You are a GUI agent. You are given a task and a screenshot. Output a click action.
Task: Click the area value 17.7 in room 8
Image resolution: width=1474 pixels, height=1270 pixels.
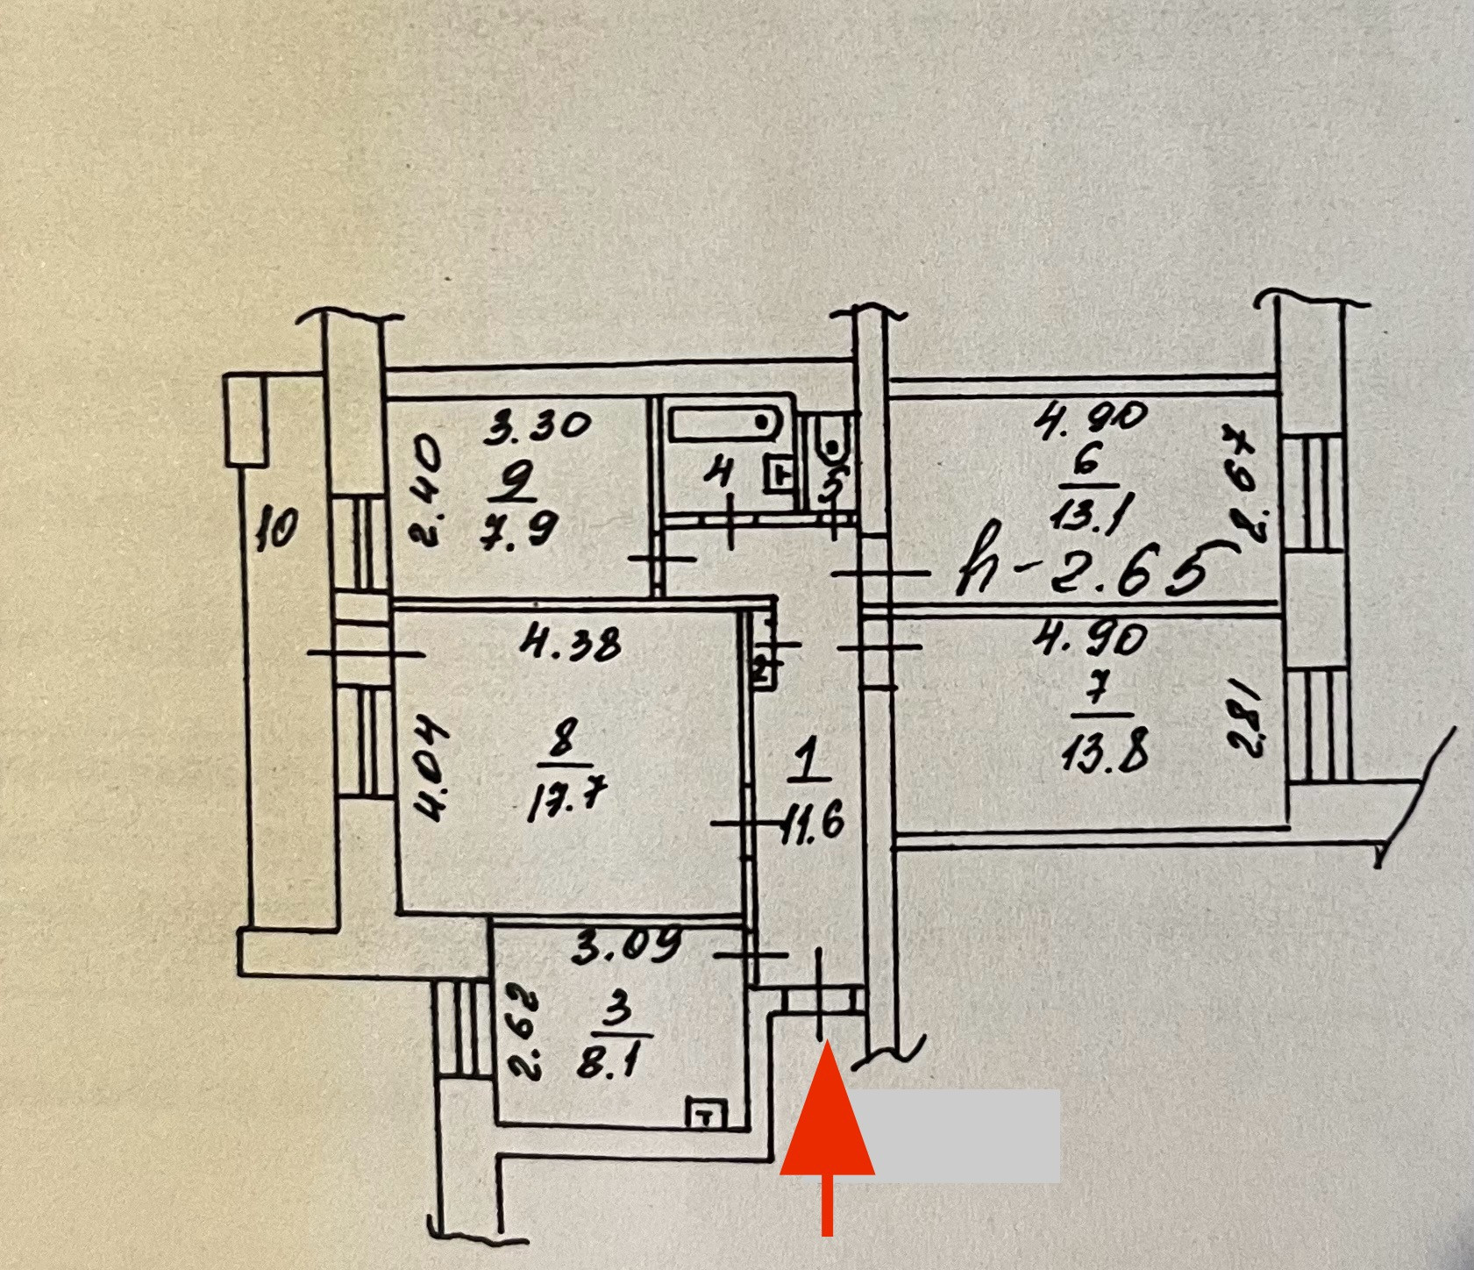567,801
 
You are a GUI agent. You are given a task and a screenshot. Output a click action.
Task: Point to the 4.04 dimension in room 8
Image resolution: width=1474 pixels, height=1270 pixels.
432,769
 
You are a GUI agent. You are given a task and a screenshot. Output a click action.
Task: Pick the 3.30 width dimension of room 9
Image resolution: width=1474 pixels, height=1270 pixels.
539,426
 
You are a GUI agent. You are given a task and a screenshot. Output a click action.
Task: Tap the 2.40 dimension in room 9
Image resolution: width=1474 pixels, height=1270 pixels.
427,493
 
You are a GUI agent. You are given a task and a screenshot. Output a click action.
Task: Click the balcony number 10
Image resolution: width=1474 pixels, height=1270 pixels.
277,529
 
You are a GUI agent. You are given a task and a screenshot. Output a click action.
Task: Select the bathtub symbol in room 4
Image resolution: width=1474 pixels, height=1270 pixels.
725,425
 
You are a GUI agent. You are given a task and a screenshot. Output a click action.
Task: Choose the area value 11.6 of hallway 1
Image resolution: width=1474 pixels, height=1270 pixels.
812,824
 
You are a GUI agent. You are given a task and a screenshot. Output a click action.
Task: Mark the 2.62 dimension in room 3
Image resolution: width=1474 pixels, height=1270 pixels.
525,1033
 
